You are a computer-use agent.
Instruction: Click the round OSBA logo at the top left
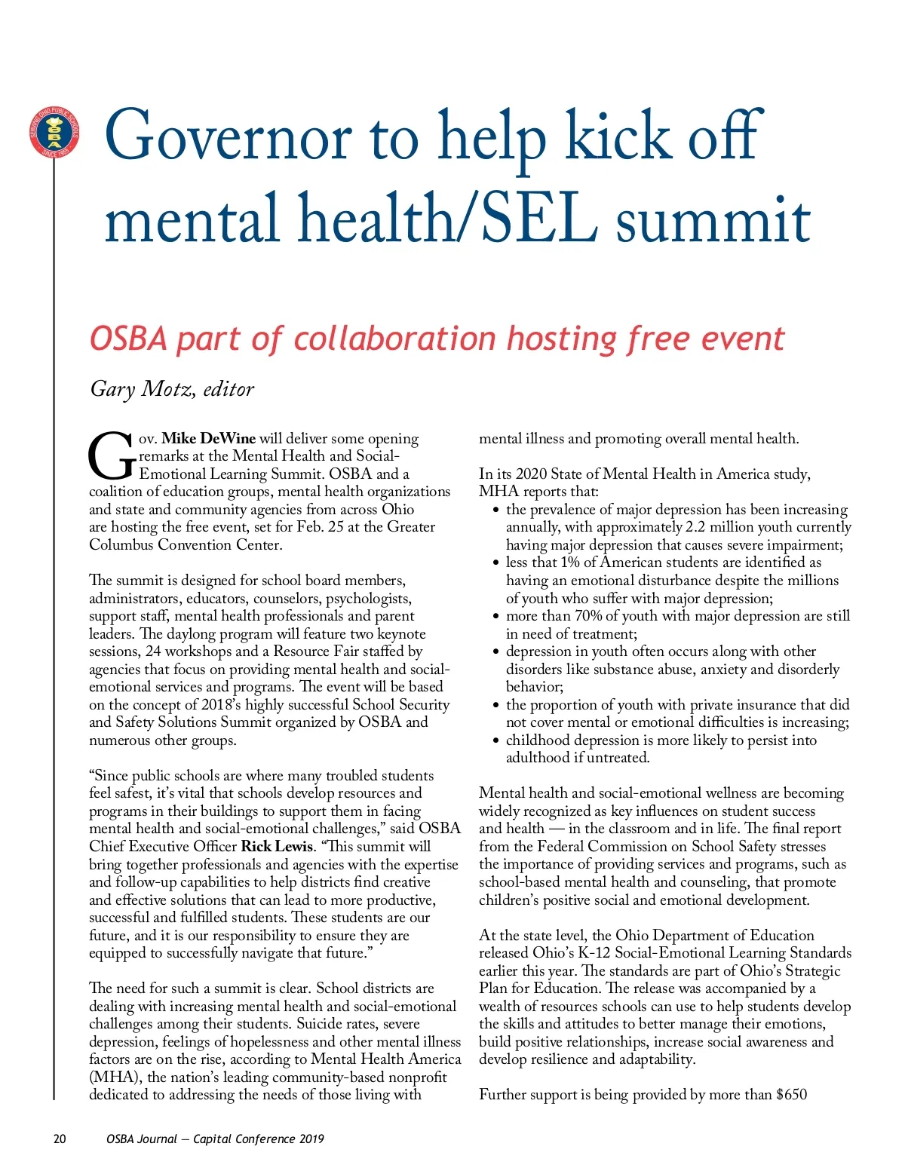click(x=54, y=133)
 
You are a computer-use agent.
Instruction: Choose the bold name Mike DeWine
click(x=208, y=438)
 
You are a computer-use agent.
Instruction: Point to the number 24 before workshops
click(x=153, y=651)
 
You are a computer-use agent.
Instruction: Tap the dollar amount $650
click(x=791, y=1094)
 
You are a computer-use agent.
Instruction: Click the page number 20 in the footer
click(x=60, y=1139)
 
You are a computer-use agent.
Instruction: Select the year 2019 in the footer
click(x=311, y=1139)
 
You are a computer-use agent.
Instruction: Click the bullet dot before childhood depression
click(x=495, y=741)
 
